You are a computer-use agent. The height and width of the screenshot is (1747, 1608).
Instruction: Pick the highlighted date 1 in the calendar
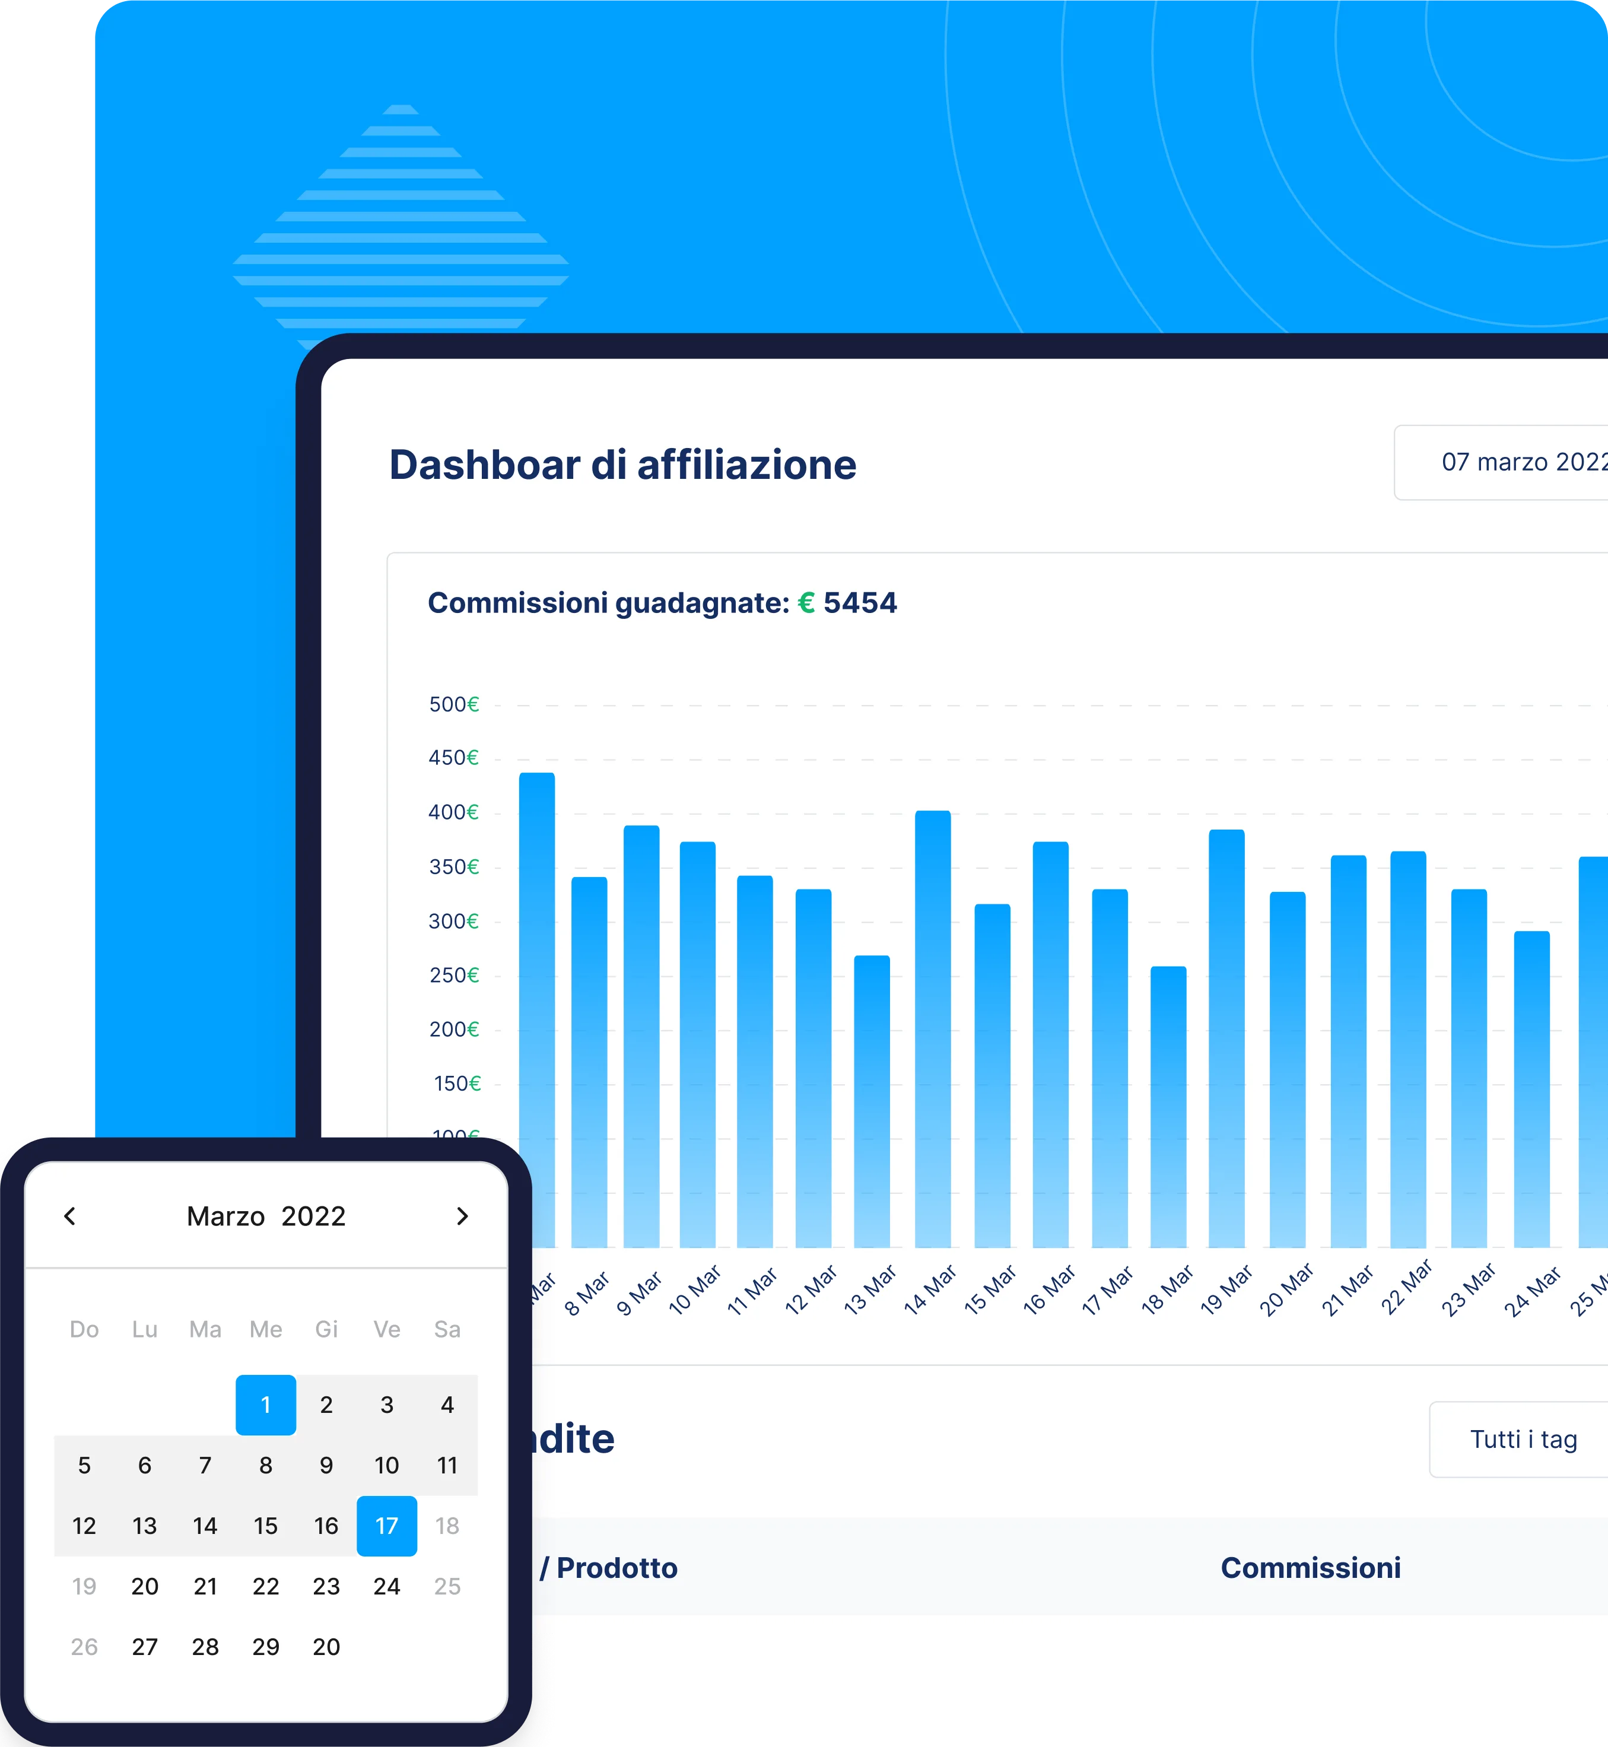(265, 1404)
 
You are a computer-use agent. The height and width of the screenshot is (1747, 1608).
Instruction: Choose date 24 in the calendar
(386, 1586)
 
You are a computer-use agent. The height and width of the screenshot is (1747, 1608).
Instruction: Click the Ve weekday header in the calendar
(386, 1329)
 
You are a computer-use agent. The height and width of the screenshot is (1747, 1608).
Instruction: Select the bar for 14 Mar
(933, 1027)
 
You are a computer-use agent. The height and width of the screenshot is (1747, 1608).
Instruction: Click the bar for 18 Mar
(1168, 1105)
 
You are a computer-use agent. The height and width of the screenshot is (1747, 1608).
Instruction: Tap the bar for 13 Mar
(872, 1101)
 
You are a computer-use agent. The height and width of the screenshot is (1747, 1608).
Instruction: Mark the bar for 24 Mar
(1531, 1088)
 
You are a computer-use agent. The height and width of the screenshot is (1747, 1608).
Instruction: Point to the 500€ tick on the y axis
(453, 704)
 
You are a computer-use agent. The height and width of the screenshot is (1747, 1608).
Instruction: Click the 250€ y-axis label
(453, 976)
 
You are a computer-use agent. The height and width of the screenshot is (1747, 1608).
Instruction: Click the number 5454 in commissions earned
(860, 603)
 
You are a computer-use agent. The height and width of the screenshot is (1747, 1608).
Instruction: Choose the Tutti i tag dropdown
(1523, 1439)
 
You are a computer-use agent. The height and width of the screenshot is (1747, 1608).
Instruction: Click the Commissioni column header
(1310, 1568)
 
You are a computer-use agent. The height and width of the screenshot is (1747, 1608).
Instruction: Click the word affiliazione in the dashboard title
(746, 465)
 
